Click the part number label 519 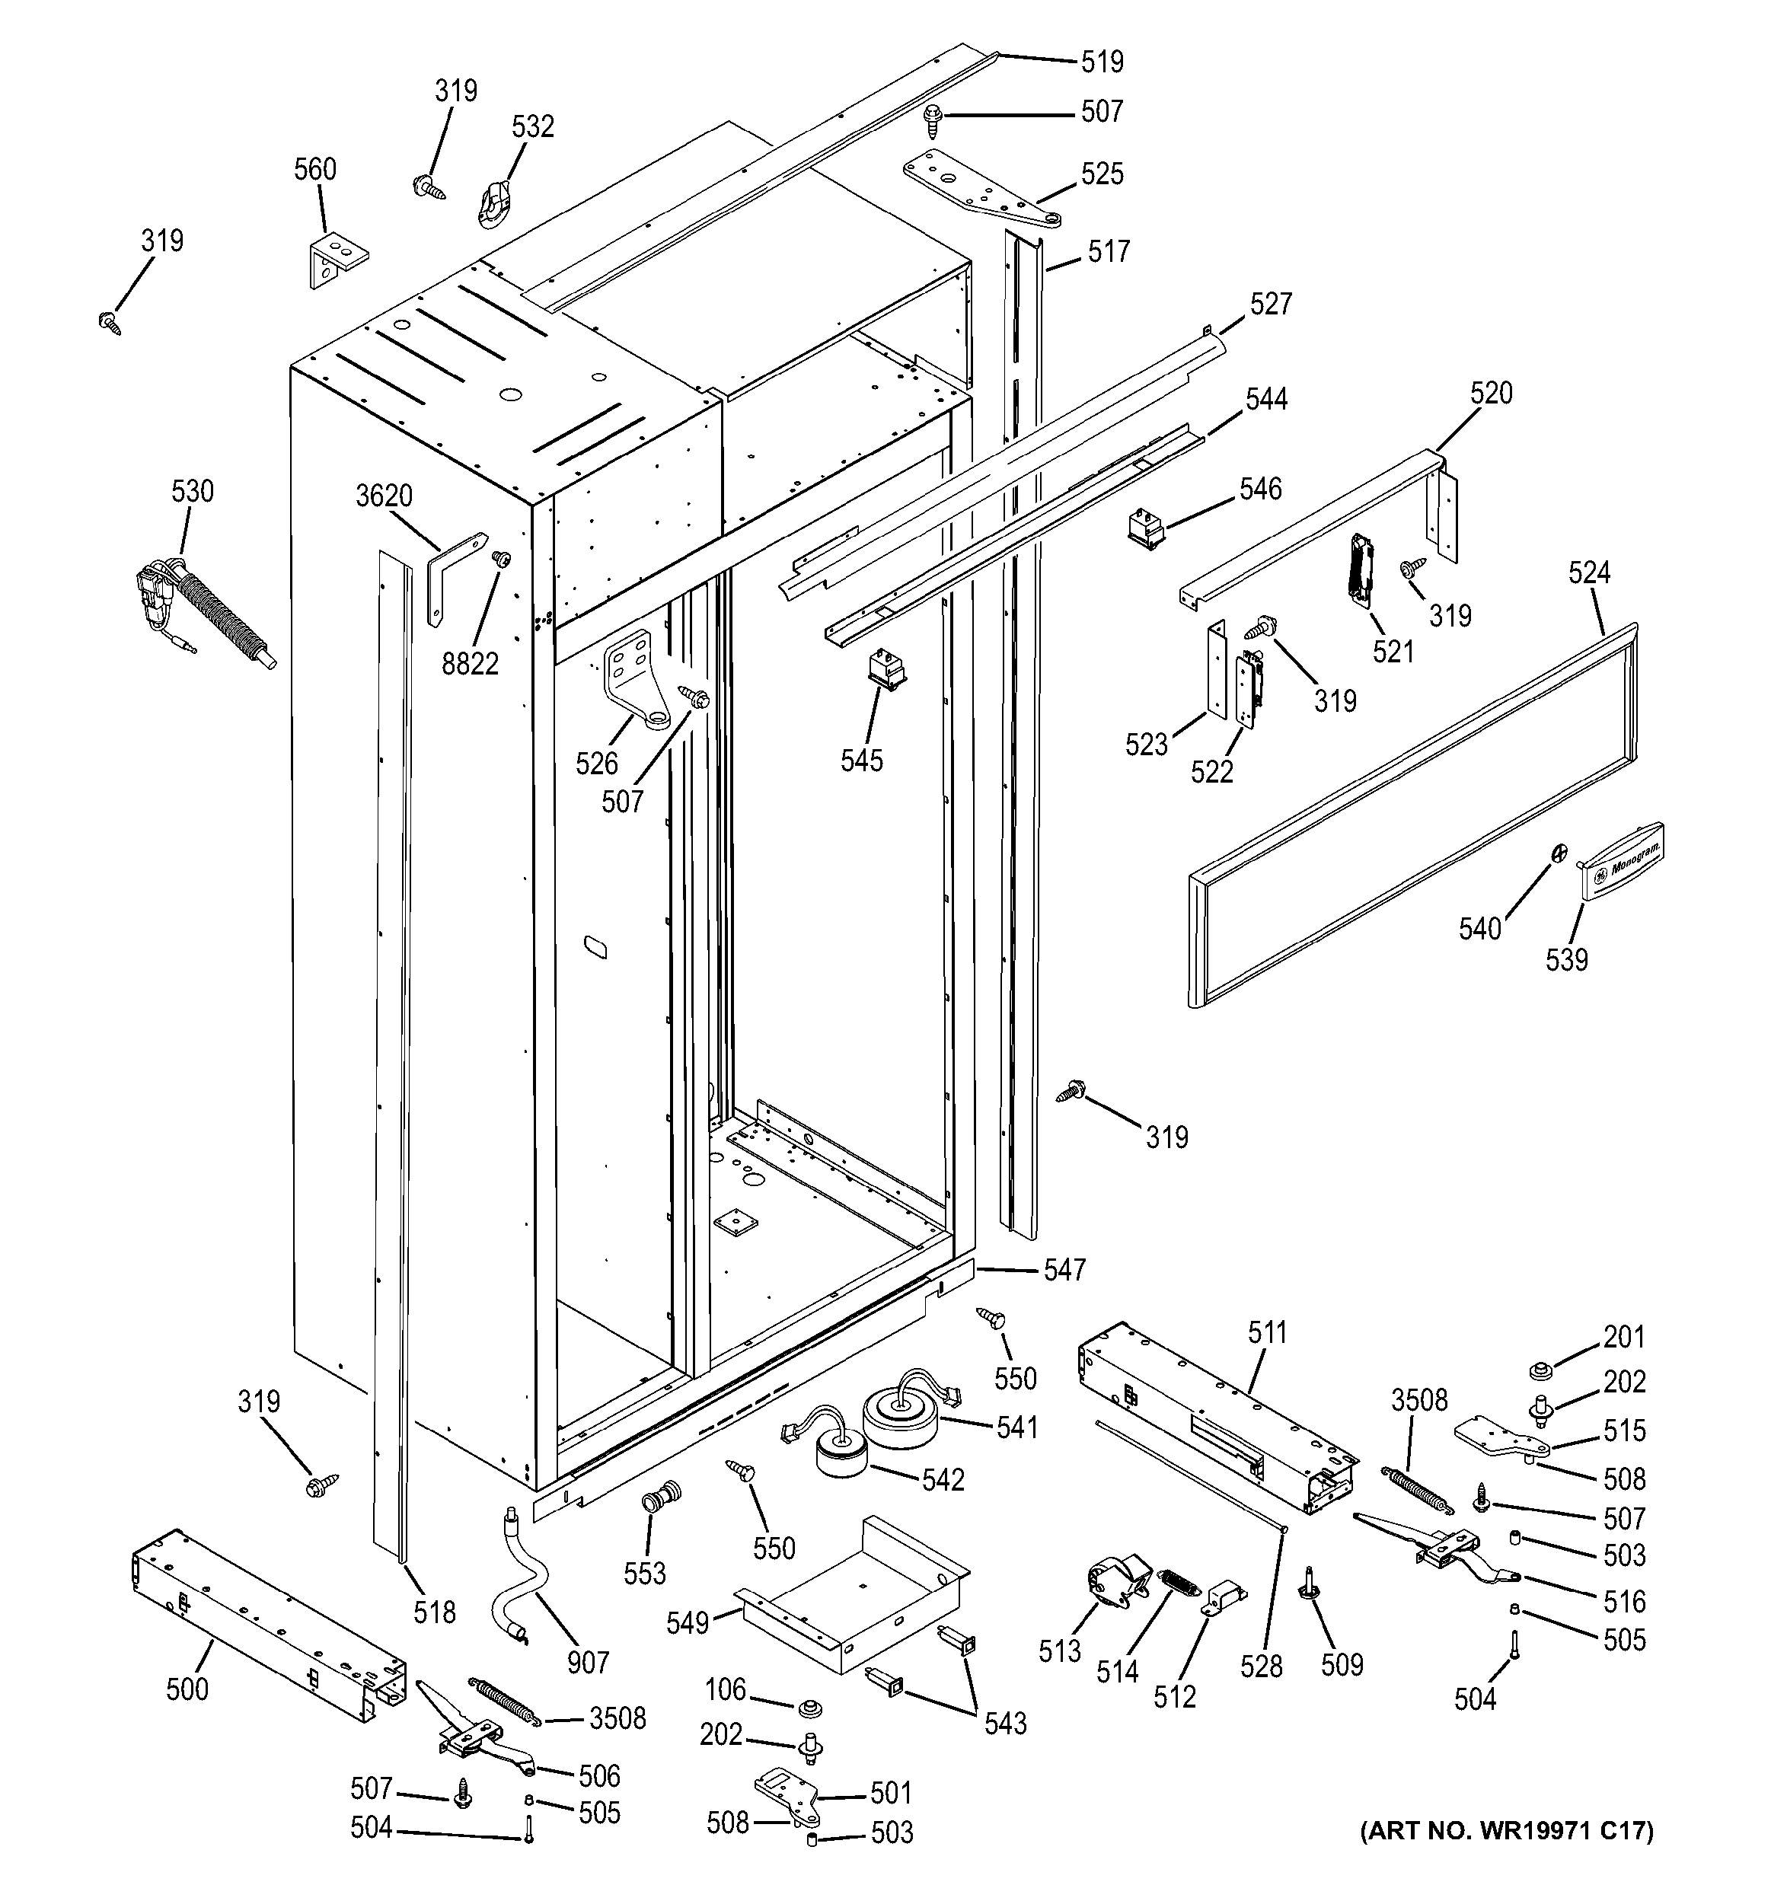pyautogui.click(x=1102, y=62)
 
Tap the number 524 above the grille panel pyautogui.click(x=1589, y=573)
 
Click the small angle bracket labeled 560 pyautogui.click(x=333, y=258)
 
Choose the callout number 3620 pyautogui.click(x=384, y=496)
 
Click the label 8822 pyautogui.click(x=471, y=664)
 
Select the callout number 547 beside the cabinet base pyautogui.click(x=1064, y=1270)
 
